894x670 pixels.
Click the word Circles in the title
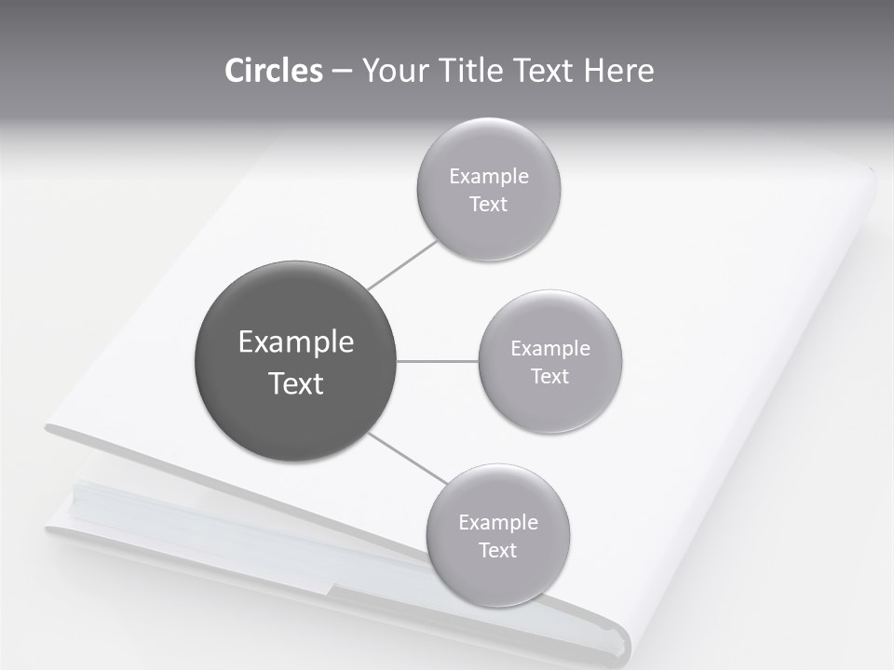click(273, 71)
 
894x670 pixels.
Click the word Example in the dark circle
click(296, 342)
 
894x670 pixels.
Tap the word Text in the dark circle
click(296, 383)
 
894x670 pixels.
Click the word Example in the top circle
click(488, 177)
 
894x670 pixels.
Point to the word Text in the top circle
click(488, 205)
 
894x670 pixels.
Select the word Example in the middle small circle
click(549, 349)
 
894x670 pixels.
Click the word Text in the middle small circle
click(549, 377)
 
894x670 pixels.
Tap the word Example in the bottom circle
click(497, 523)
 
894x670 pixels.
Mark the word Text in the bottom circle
click(497, 551)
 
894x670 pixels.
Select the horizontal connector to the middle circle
click(438, 361)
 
